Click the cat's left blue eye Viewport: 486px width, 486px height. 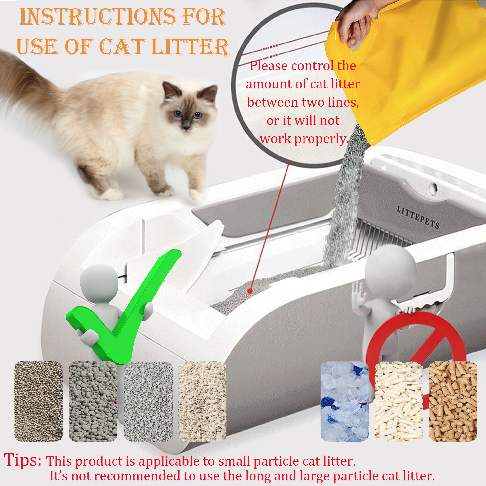[178, 113]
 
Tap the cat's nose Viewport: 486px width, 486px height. [186, 124]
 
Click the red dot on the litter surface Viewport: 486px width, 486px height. [250, 291]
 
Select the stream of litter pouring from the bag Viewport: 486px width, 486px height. [345, 196]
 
